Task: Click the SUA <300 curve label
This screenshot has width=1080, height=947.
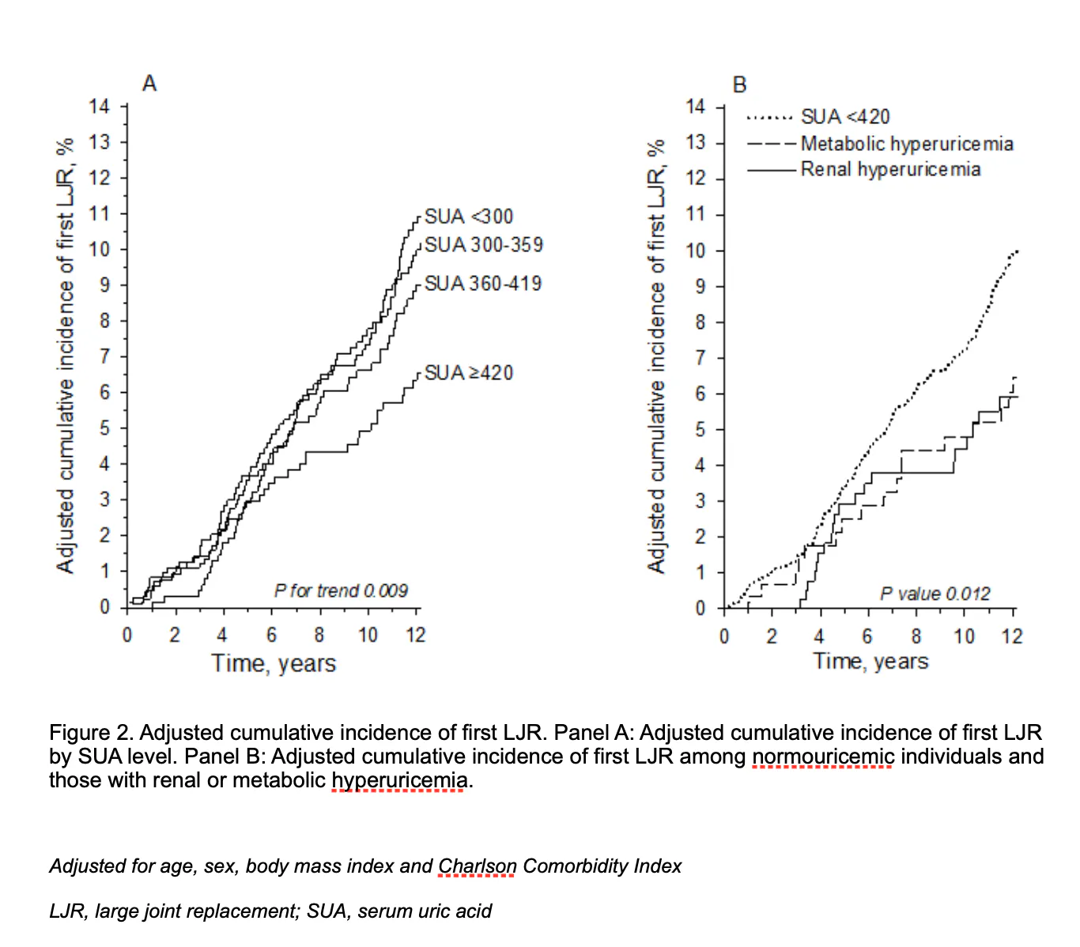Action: coord(469,217)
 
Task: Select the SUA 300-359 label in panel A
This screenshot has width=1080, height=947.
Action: coord(484,245)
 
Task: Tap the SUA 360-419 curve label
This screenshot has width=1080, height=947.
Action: coord(483,283)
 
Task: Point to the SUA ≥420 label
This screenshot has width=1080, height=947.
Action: coord(469,372)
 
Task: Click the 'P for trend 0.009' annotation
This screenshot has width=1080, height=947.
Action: coord(341,590)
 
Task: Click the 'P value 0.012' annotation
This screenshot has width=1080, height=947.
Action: coord(935,594)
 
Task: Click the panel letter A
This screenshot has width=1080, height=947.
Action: coord(149,83)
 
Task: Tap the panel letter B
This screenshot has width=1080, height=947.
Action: coord(740,85)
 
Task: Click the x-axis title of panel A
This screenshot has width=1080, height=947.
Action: coord(274,663)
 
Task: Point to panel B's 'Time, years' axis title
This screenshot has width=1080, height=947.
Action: coord(870,661)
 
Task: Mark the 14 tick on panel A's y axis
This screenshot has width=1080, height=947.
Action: coord(100,106)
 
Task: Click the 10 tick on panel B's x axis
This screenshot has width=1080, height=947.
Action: coord(964,636)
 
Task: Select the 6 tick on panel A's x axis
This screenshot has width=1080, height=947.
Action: coord(271,635)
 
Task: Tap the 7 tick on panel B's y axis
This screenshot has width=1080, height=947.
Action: coord(700,358)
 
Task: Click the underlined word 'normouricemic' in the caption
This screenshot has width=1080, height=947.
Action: coord(823,756)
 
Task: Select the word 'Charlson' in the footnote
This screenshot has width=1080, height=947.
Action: coord(478,866)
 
